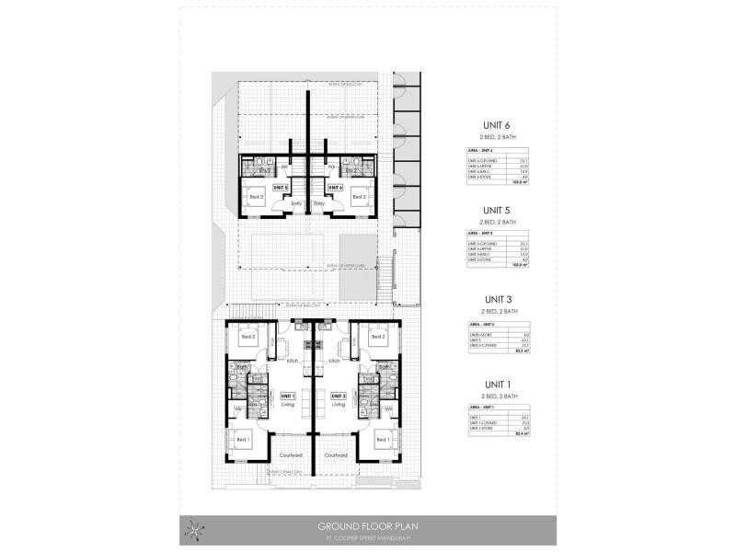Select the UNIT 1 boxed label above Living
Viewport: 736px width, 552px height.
point(288,396)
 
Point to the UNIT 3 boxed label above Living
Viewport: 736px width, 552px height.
point(338,396)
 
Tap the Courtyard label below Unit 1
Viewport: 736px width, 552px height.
point(290,454)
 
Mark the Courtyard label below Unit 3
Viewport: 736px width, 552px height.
point(336,454)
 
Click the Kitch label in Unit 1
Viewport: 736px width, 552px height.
point(293,361)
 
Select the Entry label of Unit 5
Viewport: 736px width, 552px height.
point(296,203)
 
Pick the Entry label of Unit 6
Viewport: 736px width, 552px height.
point(319,203)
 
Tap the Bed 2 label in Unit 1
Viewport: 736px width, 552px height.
point(247,337)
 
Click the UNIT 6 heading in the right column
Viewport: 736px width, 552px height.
point(496,127)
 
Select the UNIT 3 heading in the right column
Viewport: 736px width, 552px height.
point(496,300)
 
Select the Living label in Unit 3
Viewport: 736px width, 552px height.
point(338,404)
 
